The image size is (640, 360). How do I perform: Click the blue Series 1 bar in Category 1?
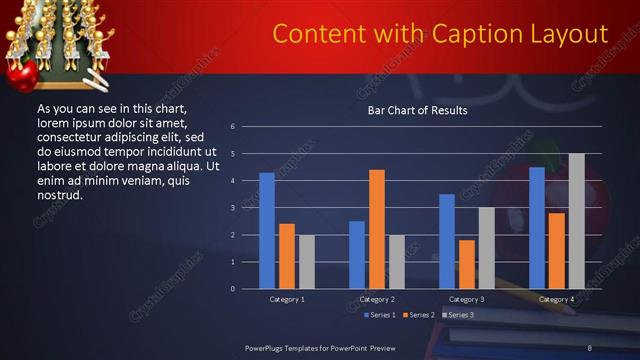click(267, 231)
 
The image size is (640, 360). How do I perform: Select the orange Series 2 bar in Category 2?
click(377, 229)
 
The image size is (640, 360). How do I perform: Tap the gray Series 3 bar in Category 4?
click(576, 221)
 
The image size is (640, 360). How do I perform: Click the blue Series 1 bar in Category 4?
click(537, 228)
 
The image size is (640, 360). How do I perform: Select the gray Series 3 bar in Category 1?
click(306, 262)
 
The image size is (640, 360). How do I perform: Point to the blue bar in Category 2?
click(357, 255)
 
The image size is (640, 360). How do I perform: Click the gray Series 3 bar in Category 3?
click(486, 248)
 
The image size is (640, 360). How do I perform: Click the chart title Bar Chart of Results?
click(417, 111)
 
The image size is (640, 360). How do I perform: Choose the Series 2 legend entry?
click(416, 315)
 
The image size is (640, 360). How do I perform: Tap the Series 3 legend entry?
click(458, 315)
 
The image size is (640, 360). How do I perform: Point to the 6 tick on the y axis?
click(232, 127)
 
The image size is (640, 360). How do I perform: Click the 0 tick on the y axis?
click(232, 289)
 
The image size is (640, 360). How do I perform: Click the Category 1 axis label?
click(287, 299)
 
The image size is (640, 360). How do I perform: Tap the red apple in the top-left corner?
click(21, 74)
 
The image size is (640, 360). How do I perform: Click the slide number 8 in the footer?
click(590, 347)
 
